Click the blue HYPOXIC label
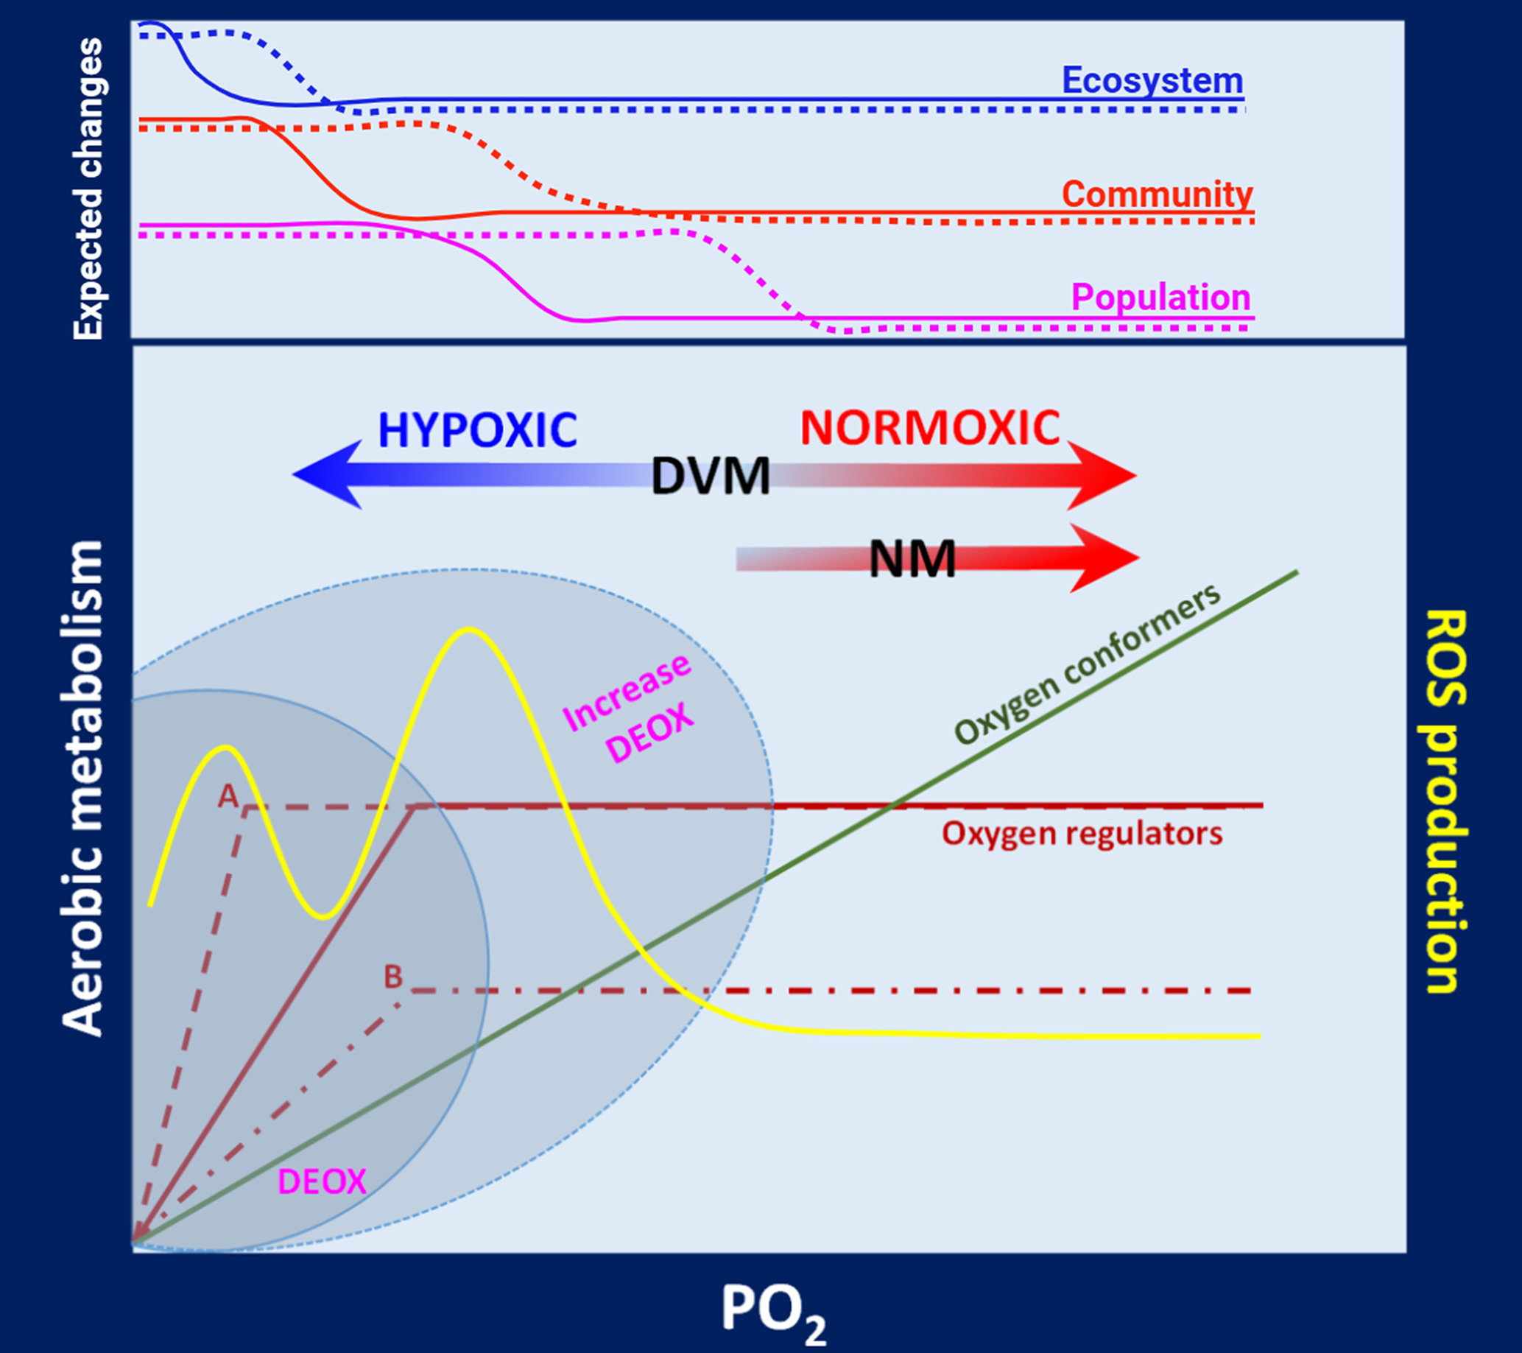click(x=477, y=429)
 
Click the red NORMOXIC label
click(x=930, y=428)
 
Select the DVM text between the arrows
click(x=711, y=477)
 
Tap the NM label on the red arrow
click(x=912, y=558)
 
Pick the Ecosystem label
click(x=1152, y=80)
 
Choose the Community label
click(x=1157, y=194)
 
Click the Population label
click(x=1160, y=297)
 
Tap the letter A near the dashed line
click(x=227, y=798)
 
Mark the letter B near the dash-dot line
click(x=392, y=976)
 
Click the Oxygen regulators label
click(x=1082, y=834)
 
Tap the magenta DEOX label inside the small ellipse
click(x=322, y=1181)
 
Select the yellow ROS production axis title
click(x=1445, y=801)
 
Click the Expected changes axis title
click(x=88, y=189)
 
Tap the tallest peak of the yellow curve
click(x=468, y=630)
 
